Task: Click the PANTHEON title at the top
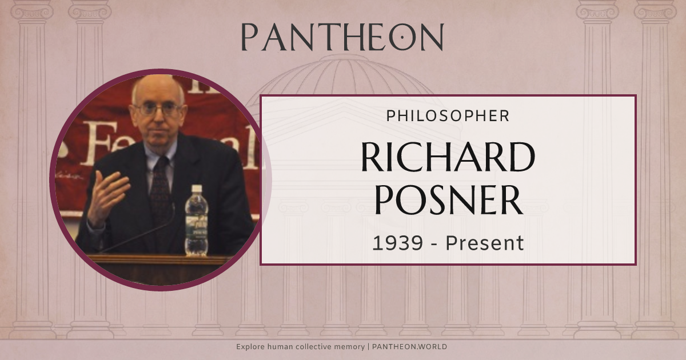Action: (342, 37)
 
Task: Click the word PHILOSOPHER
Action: (448, 116)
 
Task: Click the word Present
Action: (485, 243)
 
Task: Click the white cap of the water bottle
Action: (197, 189)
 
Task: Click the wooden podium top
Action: (160, 260)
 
